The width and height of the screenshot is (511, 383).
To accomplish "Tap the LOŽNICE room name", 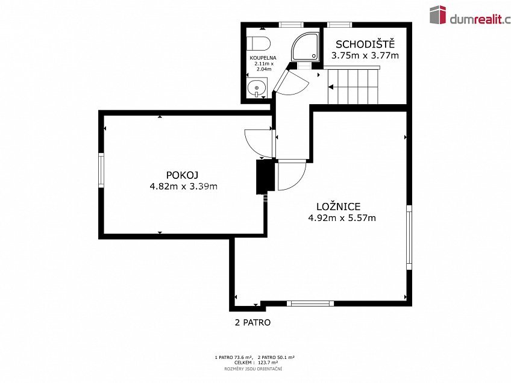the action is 338,207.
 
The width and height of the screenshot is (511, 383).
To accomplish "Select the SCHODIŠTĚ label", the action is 365,44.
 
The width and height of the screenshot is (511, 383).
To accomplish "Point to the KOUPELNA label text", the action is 263,58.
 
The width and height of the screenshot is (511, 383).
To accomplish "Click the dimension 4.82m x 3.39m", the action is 183,187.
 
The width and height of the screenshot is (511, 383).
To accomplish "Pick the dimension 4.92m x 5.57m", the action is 342,218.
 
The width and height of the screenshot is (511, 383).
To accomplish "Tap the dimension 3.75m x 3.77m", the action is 365,55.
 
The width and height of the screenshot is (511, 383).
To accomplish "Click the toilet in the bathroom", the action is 259,43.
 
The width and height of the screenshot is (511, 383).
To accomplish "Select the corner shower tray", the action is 306,46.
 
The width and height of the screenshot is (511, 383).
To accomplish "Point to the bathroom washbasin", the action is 257,87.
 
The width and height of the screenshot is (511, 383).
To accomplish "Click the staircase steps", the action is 353,86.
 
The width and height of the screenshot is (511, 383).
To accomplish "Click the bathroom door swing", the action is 291,82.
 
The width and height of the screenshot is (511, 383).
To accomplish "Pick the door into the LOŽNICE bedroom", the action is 292,175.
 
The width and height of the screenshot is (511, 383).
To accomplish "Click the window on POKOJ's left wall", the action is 101,170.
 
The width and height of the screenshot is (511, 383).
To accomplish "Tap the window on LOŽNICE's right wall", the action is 409,237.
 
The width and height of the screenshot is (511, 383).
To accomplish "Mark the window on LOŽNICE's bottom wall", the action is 310,304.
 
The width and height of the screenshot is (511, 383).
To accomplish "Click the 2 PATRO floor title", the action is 252,322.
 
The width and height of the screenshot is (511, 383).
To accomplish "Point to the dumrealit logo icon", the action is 437,14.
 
